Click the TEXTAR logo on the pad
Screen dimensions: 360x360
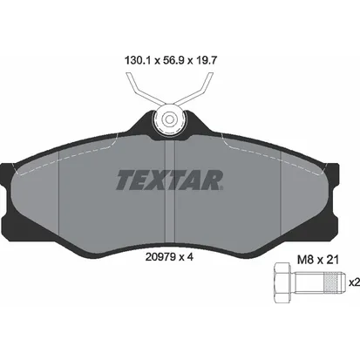170,180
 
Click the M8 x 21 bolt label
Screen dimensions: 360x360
318,260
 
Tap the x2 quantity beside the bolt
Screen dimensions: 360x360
354,282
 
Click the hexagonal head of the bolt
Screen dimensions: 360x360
282,282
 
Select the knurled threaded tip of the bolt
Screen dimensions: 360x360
335,282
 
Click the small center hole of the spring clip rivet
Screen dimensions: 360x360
169,119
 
